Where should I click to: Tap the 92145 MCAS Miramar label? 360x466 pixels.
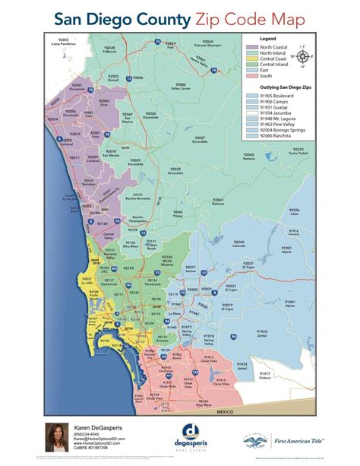[168, 259]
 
